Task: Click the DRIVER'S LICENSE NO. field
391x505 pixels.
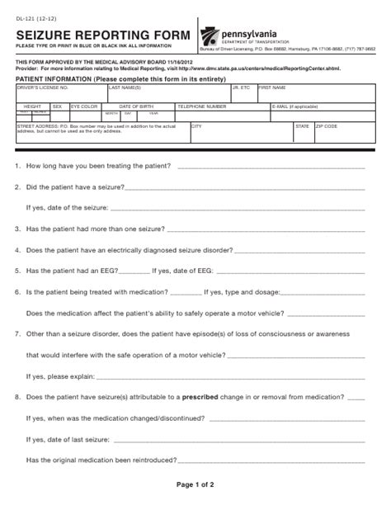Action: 60,92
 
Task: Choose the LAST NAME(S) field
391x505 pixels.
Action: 168,92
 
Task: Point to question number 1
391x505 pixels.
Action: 18,167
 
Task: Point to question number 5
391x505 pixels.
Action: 18,270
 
